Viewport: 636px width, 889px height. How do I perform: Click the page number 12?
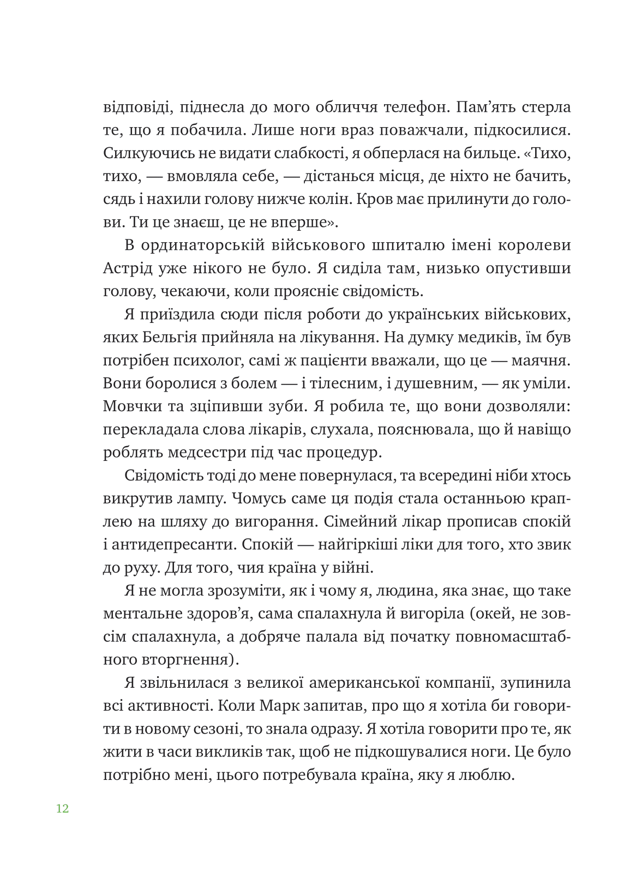click(x=62, y=808)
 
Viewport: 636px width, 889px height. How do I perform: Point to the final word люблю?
click(x=490, y=775)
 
